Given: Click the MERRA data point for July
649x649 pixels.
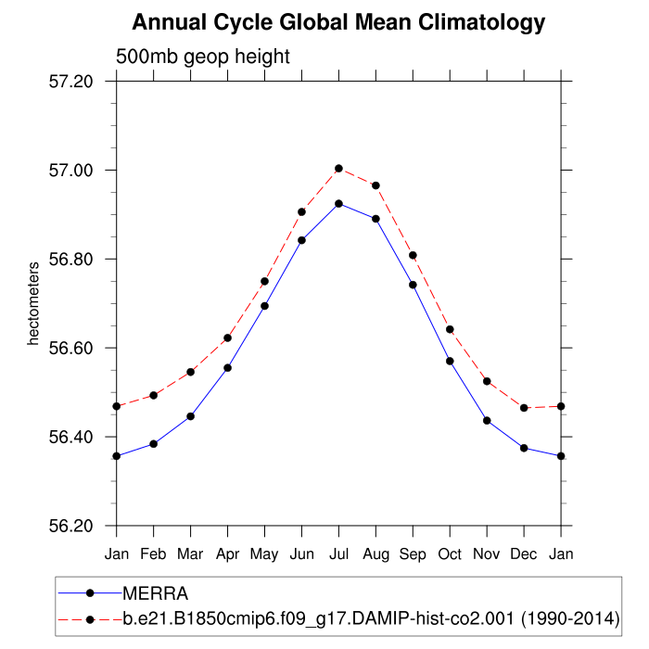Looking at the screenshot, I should pos(338,203).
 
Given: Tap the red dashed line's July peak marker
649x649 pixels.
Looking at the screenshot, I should pos(338,169).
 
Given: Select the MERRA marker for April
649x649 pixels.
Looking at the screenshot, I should pos(227,367).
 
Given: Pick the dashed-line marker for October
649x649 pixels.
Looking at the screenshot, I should pos(450,329).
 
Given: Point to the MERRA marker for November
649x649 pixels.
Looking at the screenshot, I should pos(487,421).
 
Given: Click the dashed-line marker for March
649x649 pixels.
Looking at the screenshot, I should pos(190,372).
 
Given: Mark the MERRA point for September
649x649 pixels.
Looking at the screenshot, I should pos(413,285).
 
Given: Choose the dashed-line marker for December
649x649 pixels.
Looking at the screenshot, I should pos(524,408).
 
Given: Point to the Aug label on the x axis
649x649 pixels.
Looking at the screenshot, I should pos(375,554).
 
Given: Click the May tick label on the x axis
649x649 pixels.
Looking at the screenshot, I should pos(264,554).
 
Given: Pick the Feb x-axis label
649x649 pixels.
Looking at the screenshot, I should pos(153,554).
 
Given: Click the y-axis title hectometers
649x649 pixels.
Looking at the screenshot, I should pos(33,304).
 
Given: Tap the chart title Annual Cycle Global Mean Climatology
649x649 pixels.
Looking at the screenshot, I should pos(338,21).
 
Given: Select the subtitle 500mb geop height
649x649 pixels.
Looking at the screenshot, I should pos(203,57).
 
